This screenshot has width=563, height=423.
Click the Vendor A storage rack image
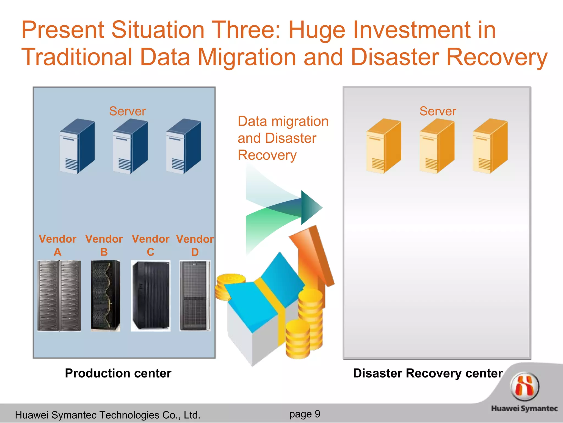(x=59, y=295)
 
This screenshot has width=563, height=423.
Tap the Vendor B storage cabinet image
(x=106, y=295)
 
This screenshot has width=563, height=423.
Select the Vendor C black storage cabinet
(x=150, y=295)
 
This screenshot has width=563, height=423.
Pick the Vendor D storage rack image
(x=195, y=295)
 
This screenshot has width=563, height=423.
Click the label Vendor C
(x=150, y=245)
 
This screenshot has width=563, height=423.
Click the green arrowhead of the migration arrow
(x=311, y=207)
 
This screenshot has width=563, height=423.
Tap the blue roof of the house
(x=264, y=297)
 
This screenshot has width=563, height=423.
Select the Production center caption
(x=118, y=373)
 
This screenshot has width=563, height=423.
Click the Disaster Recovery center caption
(x=428, y=373)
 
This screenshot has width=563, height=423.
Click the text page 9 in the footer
(x=305, y=414)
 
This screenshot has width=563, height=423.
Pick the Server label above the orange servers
(x=438, y=111)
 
